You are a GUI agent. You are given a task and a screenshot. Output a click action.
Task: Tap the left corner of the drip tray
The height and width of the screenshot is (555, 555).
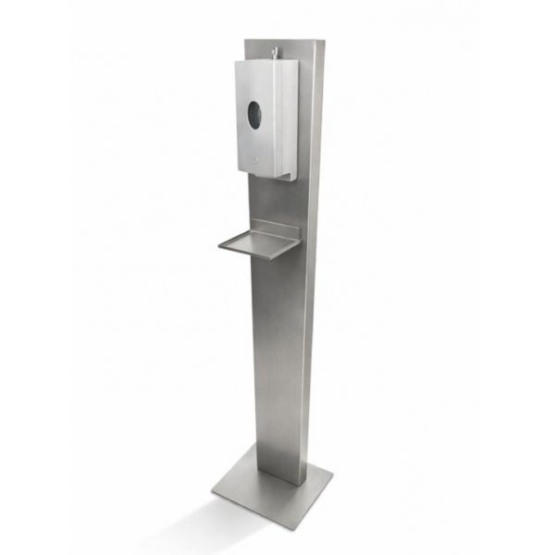[220, 245]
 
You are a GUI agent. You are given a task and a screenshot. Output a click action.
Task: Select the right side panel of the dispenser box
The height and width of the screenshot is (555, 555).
[291, 116]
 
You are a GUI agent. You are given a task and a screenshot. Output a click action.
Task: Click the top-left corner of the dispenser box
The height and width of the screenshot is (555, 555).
[236, 64]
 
